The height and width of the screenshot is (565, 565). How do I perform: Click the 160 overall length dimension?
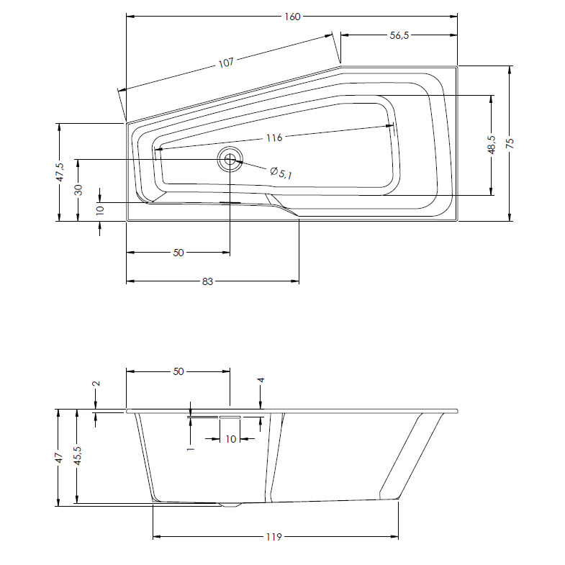coord(292,17)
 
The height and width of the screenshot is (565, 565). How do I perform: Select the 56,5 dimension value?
coord(399,35)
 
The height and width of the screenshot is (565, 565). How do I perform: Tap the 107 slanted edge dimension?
coord(226,63)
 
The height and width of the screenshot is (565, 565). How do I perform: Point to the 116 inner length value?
coord(274,137)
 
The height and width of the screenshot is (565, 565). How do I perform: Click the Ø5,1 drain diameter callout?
coord(281,173)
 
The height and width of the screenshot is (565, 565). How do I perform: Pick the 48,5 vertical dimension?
coord(492,145)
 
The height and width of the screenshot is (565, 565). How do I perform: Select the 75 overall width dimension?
coord(510,143)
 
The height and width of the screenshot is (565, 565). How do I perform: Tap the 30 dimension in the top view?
coord(78,190)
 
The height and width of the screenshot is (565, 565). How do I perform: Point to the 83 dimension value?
coord(207,281)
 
